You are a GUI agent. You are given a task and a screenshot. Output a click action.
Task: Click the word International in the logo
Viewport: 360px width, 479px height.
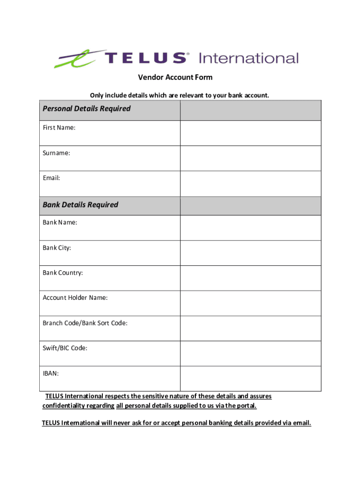click(248, 58)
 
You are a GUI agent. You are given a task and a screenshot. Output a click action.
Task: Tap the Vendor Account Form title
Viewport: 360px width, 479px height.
click(175, 77)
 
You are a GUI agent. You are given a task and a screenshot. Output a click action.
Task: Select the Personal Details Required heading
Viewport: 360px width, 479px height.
click(86, 109)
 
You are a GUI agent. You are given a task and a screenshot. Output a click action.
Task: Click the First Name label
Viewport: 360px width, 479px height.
click(59, 128)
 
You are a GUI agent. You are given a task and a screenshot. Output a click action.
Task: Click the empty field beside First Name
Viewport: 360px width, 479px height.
click(251, 133)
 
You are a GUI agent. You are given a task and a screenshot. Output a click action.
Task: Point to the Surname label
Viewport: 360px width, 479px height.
click(57, 153)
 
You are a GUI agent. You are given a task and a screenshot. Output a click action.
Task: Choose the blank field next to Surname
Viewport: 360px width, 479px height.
click(251, 159)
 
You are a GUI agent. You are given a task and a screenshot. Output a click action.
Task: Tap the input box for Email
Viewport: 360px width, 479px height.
click(251, 184)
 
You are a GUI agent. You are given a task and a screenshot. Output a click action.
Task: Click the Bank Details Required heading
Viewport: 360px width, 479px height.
click(80, 205)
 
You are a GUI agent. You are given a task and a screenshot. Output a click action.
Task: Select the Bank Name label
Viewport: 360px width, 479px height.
click(60, 223)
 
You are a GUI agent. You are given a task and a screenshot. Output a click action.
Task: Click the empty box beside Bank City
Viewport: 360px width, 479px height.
click(251, 253)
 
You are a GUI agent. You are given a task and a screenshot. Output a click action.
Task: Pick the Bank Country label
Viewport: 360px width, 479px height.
click(63, 273)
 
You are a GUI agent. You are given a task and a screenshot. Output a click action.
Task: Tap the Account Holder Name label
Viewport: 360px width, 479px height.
click(75, 298)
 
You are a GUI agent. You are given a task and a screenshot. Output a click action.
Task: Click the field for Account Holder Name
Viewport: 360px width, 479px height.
click(251, 303)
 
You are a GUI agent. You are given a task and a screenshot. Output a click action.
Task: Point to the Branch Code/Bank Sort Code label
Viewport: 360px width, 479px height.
click(85, 323)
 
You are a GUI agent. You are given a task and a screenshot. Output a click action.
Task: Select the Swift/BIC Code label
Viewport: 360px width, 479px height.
click(65, 348)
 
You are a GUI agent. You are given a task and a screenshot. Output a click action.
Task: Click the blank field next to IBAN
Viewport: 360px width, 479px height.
click(251, 378)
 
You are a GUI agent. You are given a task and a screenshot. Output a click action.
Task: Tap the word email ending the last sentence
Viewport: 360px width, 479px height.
click(301, 423)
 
